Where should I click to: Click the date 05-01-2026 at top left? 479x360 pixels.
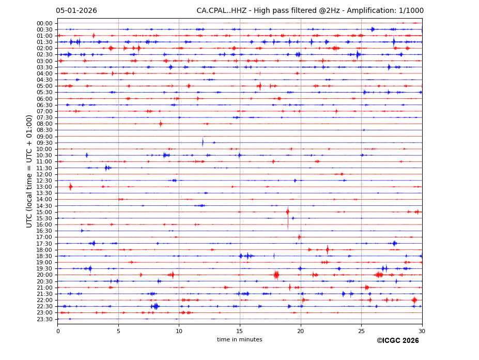point(76,11)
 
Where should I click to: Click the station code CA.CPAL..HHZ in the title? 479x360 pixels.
point(221,11)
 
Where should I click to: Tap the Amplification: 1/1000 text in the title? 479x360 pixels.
point(384,11)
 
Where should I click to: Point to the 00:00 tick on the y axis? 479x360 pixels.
point(44,23)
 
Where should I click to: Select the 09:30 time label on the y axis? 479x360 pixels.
point(44,143)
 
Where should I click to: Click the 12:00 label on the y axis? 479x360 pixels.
point(44,174)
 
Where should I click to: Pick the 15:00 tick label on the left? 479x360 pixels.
point(44,212)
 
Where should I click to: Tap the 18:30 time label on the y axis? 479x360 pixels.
point(44,256)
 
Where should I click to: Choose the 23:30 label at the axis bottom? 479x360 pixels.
point(44,319)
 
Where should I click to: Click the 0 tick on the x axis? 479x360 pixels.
point(58,331)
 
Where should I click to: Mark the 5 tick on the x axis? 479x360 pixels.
point(118,331)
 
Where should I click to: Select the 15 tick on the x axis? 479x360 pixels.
point(240,331)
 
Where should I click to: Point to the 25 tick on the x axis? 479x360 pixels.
point(361,331)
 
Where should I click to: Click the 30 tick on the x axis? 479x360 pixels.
point(422,331)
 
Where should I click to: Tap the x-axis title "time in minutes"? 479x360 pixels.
point(239,340)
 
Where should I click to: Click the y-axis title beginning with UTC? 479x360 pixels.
point(29,171)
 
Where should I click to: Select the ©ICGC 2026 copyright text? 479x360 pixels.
point(397,341)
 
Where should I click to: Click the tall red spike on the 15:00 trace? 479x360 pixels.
point(288,212)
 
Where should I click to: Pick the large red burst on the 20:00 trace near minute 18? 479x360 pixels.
point(276,275)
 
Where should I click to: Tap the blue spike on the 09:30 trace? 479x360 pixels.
point(203,142)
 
